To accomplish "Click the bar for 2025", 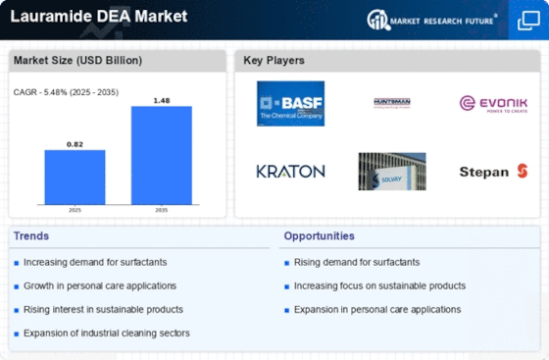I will click(75, 177).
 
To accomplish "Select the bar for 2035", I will click(161, 155).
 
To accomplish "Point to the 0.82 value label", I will click(75, 143).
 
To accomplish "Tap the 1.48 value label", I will click(161, 99).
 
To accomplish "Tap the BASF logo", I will click(290, 103).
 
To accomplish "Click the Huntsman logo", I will click(392, 102).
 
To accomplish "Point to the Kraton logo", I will click(290, 172).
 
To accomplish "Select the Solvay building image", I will click(392, 172).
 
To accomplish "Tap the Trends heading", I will click(31, 235).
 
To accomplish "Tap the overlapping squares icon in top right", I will click(526, 20).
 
